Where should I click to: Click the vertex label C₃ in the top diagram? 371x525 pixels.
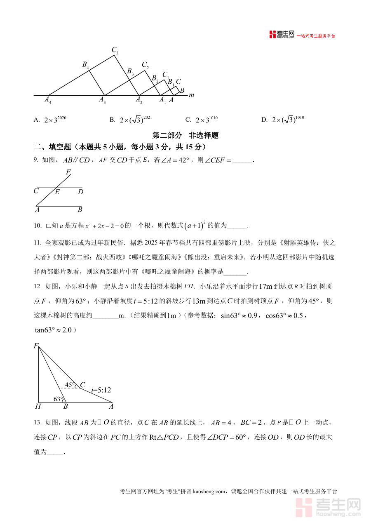tap(115, 50)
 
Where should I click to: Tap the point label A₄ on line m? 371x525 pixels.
tap(48, 100)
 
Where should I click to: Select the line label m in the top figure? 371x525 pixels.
tap(191, 95)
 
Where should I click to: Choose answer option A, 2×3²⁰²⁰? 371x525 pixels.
tap(50, 120)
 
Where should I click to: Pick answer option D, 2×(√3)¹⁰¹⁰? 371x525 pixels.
tap(283, 120)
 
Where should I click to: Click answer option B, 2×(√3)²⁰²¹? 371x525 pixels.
tap(131, 120)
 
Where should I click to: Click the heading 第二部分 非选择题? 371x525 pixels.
tap(185, 135)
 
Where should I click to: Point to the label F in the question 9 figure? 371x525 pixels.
tap(68, 172)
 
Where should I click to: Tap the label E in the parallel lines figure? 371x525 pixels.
tap(57, 192)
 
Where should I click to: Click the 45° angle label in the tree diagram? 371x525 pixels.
tap(70, 385)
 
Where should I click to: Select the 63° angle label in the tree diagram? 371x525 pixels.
tap(59, 399)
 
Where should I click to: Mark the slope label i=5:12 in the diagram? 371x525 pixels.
tap(101, 389)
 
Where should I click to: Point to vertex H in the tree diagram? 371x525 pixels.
tap(38, 407)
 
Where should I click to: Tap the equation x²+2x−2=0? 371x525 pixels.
tap(104, 226)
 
